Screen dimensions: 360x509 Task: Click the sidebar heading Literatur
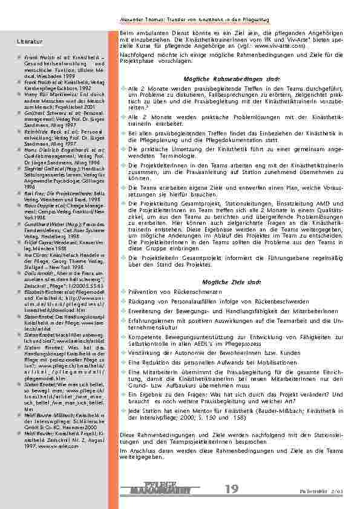click(x=30, y=41)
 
